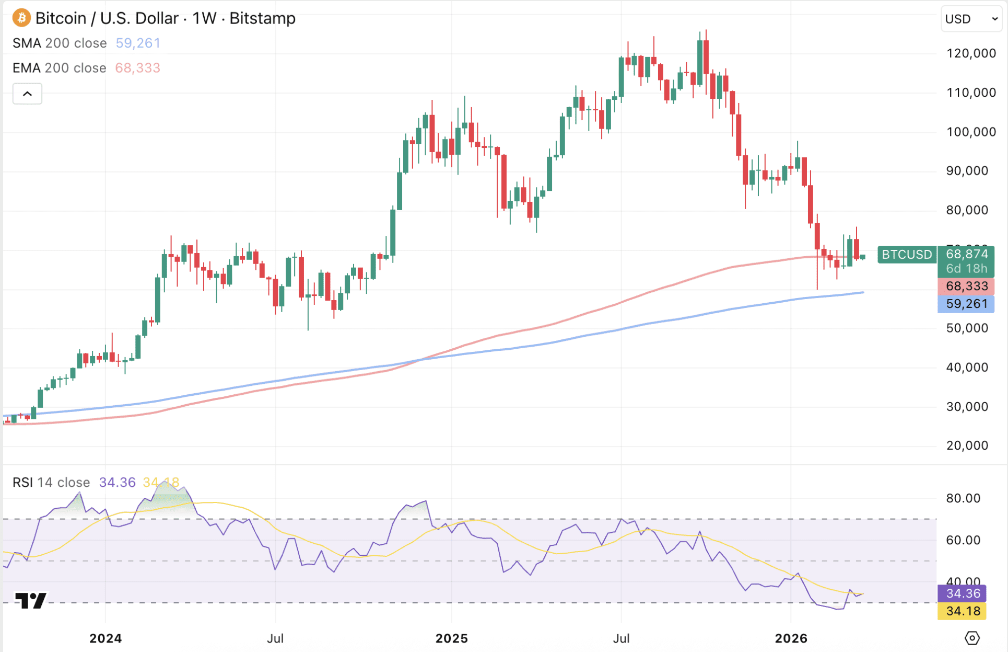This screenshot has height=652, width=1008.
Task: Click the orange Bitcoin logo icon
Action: (x=21, y=18)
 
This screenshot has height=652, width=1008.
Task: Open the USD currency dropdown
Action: (x=971, y=19)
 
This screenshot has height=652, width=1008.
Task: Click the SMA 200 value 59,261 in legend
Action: (x=138, y=43)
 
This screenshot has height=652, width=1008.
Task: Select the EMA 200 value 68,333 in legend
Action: (x=137, y=68)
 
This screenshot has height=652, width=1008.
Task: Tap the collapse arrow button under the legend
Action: (x=27, y=94)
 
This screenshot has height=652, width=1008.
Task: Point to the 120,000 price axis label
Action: (x=971, y=53)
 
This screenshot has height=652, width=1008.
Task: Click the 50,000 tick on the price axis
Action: (x=967, y=328)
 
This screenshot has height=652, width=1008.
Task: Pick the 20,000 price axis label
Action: (x=967, y=445)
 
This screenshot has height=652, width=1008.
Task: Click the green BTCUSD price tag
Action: (x=907, y=255)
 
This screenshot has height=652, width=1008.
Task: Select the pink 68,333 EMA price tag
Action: (x=966, y=286)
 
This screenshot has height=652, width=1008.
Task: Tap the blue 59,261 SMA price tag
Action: (x=966, y=304)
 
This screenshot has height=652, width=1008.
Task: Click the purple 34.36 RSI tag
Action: (x=963, y=593)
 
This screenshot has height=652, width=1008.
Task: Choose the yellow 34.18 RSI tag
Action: (x=963, y=611)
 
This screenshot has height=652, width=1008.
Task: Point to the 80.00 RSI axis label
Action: (x=963, y=498)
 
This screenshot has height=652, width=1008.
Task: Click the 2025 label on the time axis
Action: (x=452, y=638)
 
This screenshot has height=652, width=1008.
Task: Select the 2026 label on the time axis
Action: (x=791, y=638)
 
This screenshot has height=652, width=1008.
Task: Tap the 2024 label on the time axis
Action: (x=106, y=638)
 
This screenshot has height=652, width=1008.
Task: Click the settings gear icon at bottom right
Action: (x=972, y=638)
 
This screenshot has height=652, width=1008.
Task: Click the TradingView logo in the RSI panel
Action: (x=31, y=600)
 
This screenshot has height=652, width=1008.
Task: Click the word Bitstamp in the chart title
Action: (x=262, y=18)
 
